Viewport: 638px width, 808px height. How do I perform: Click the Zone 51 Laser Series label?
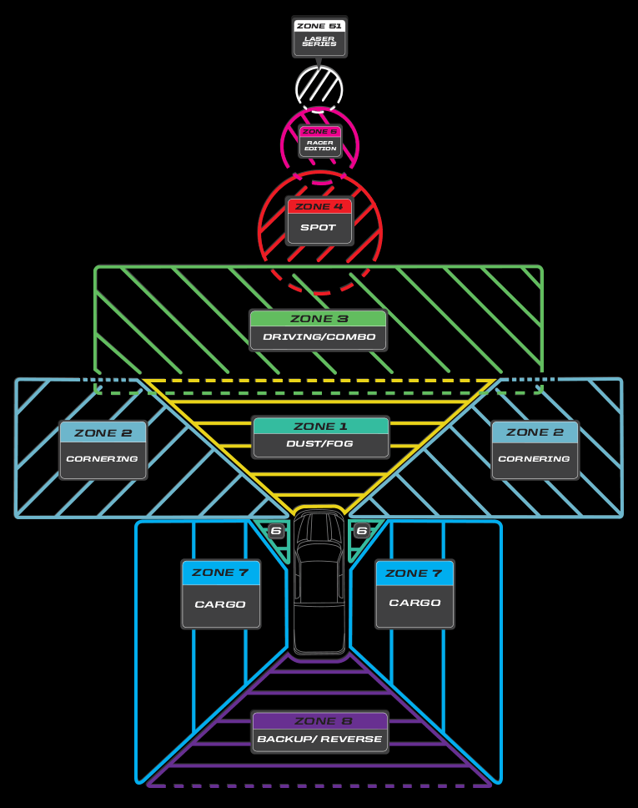(319, 37)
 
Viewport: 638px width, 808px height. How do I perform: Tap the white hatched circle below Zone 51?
(319, 88)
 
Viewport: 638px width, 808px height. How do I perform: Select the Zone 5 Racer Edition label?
(320, 142)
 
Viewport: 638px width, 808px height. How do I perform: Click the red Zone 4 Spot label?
(319, 220)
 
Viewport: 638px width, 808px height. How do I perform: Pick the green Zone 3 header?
(319, 319)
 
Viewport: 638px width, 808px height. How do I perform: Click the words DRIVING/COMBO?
(319, 337)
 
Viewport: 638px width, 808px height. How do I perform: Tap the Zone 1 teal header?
(320, 427)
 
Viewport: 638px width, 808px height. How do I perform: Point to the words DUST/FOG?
(320, 444)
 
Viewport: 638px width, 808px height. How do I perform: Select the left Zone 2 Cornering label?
(103, 449)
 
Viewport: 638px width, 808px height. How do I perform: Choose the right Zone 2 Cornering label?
(535, 449)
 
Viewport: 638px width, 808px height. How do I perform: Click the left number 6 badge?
(276, 531)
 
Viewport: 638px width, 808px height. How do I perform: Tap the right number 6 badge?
(362, 531)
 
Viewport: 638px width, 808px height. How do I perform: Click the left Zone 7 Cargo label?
(221, 593)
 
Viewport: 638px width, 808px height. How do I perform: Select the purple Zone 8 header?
(319, 721)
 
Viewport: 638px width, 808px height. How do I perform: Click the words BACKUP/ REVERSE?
(319, 740)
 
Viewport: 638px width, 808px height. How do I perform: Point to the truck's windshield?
(319, 553)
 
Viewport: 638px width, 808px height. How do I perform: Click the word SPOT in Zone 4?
(319, 227)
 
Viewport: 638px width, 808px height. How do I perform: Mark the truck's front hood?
(319, 528)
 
